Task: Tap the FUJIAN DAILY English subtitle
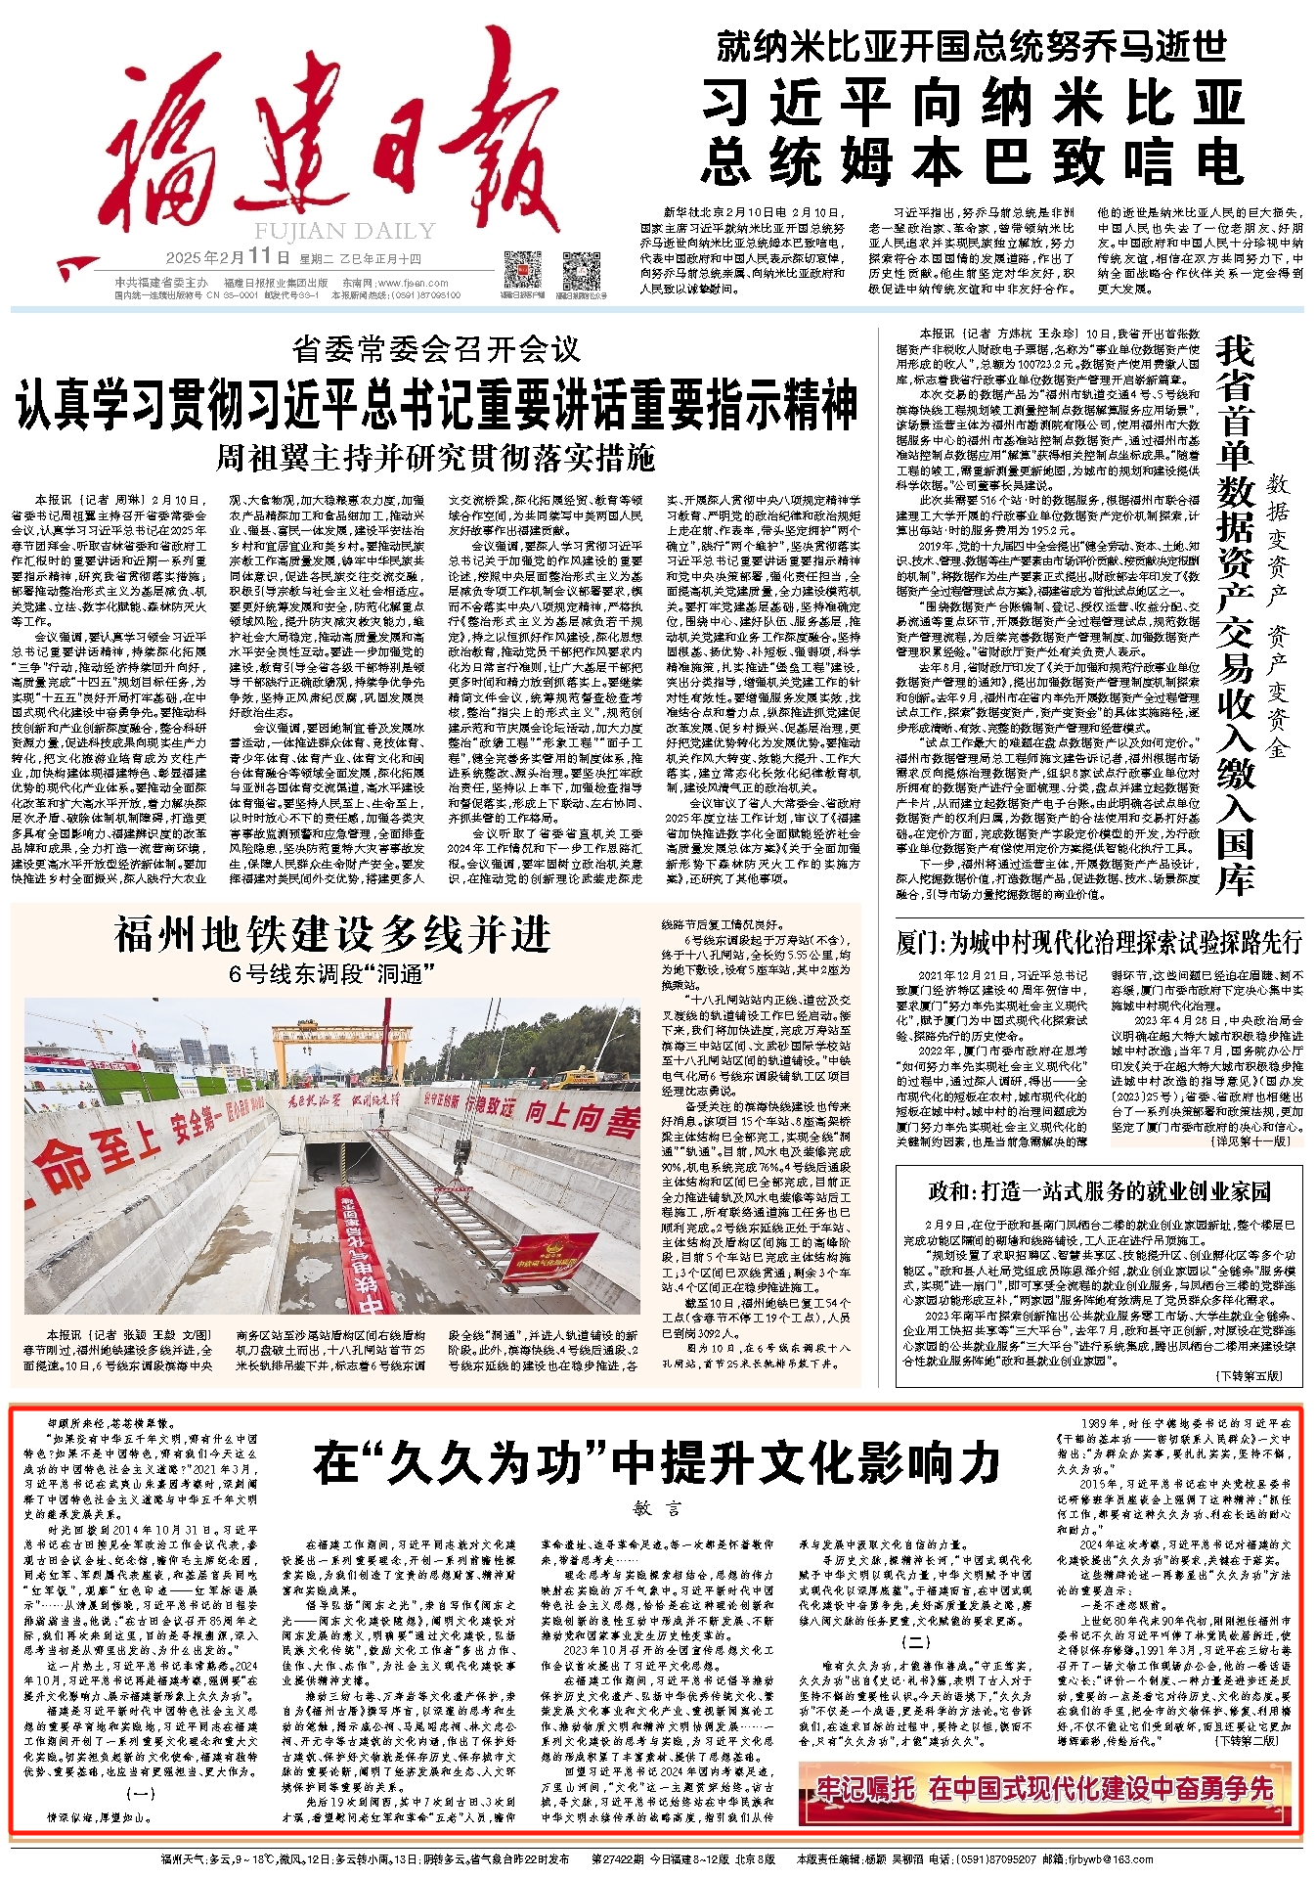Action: click(344, 231)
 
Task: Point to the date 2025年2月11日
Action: click(228, 258)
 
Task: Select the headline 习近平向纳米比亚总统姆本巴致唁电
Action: click(973, 131)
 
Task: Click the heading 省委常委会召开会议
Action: click(436, 349)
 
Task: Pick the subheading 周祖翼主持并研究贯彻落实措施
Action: click(436, 457)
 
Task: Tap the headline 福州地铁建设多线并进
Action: click(332, 935)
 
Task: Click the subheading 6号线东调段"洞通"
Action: click(332, 973)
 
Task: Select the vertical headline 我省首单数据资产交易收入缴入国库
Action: click(1235, 616)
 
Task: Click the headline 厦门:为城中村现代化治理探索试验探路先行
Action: click(1099, 942)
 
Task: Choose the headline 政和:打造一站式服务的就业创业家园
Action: click(1099, 1190)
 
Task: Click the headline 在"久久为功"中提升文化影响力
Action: click(657, 1464)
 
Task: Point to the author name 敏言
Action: click(657, 1508)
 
